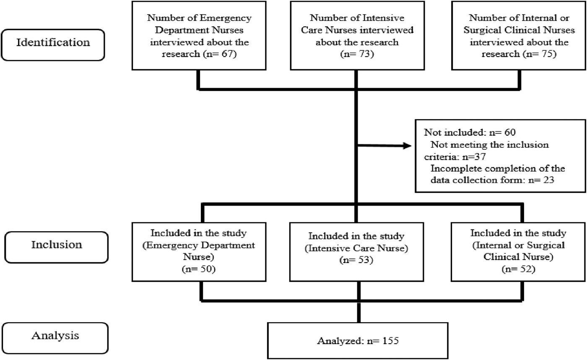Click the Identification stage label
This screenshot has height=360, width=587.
click(x=53, y=42)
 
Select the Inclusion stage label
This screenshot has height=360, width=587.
click(x=57, y=245)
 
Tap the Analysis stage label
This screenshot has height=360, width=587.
click(x=55, y=336)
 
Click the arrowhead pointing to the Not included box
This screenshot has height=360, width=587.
click(x=407, y=146)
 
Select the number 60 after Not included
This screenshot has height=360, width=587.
click(x=510, y=132)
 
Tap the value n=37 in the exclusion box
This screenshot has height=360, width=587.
click(x=474, y=157)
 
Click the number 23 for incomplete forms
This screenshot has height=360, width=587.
click(x=548, y=180)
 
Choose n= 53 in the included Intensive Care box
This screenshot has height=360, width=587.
click(x=356, y=260)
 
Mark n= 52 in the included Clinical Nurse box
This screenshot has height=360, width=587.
click(x=518, y=269)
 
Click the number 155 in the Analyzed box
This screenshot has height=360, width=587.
click(x=390, y=341)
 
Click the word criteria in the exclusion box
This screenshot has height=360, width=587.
click(x=442, y=157)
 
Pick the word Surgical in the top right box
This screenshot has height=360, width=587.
click(x=483, y=30)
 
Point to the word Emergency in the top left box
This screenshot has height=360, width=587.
click(x=226, y=18)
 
